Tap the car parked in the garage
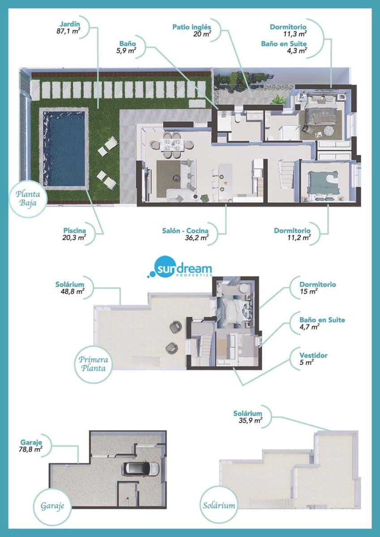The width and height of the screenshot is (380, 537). coord(141,468)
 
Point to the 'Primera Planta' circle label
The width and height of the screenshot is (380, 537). coord(94,363)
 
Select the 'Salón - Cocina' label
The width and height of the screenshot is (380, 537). coord(185,230)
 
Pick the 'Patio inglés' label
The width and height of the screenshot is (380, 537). coord(192,27)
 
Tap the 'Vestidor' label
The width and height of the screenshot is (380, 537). coord(314,355)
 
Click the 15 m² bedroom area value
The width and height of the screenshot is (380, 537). coord(308,292)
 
